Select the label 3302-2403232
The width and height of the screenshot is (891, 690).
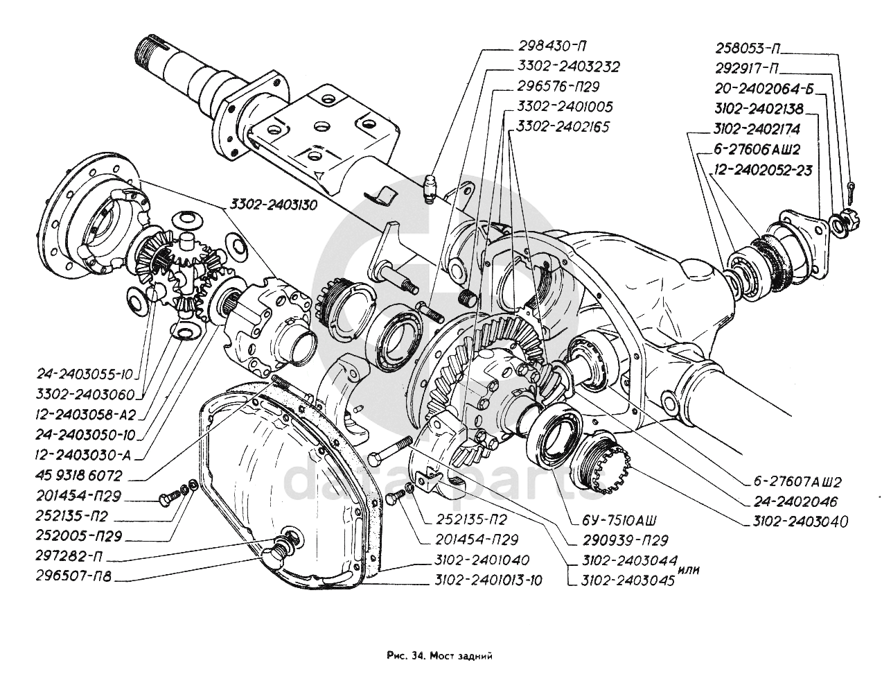(567, 67)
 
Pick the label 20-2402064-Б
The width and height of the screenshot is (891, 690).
(764, 88)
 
